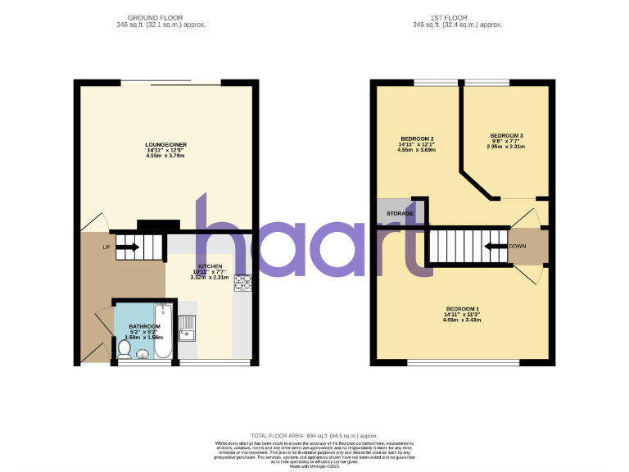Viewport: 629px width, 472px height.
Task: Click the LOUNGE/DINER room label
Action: [166, 145]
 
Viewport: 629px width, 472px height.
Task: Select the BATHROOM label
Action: [143, 326]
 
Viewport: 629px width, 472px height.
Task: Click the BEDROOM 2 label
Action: [416, 138]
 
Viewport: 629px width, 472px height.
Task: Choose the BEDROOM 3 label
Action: [506, 135]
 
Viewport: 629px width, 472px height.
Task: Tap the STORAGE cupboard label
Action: [400, 214]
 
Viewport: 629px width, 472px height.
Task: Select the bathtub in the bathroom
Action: [163, 331]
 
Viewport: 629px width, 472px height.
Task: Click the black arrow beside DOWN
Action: [494, 245]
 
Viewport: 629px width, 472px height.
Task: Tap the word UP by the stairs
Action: [106, 247]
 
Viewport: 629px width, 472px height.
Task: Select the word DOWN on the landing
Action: [518, 246]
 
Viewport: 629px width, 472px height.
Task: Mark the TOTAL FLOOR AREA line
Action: [314, 435]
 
